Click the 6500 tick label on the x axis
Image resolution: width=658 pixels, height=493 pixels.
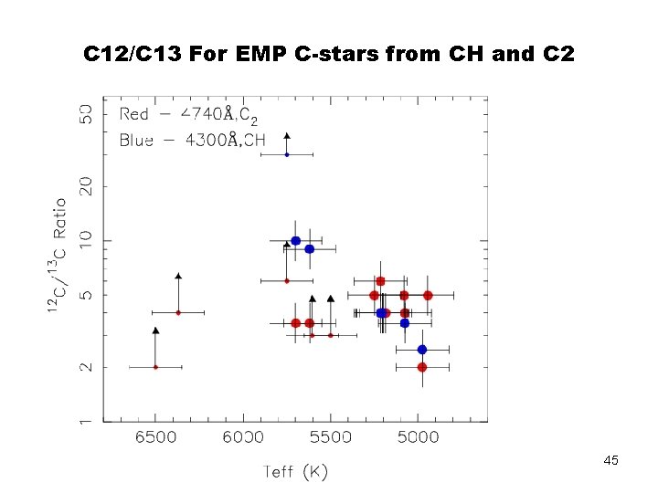[x=156, y=437]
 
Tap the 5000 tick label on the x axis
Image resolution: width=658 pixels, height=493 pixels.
[x=418, y=437]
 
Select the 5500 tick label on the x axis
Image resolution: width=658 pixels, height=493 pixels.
[x=331, y=437]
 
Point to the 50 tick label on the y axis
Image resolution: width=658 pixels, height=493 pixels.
[x=86, y=114]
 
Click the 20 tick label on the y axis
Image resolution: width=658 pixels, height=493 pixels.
[x=86, y=186]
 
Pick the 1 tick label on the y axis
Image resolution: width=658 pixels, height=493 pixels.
[x=86, y=421]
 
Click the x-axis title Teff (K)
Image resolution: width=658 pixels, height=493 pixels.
[x=294, y=471]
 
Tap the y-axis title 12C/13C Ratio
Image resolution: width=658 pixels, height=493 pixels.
[x=58, y=257]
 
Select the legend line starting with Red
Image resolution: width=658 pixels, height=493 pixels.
[x=188, y=114]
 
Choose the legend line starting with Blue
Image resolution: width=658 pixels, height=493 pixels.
[x=192, y=140]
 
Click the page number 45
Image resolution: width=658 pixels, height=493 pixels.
[x=610, y=461]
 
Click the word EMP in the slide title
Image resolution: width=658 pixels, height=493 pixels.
[x=260, y=54]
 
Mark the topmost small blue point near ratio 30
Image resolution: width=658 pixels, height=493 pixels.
[x=287, y=154]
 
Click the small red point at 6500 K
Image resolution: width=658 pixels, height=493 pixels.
[x=156, y=367]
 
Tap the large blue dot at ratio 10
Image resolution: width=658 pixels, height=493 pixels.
[x=295, y=241]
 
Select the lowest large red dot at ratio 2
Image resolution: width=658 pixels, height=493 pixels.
[x=421, y=367]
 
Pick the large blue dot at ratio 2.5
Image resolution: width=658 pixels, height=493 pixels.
[x=421, y=350]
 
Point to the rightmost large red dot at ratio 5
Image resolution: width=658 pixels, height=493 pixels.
[x=428, y=296]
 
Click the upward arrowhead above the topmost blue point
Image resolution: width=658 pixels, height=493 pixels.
[x=287, y=136]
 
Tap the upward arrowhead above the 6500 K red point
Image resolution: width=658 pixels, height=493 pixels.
[x=156, y=330]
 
